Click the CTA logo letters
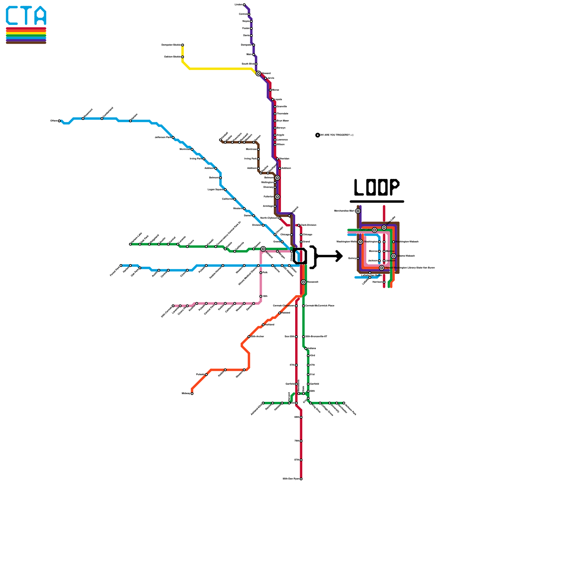pyautogui.click(x=26, y=16)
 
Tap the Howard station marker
pyautogui.click(x=259, y=74)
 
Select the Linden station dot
pyautogui.click(x=244, y=5)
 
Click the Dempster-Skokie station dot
pyautogui.click(x=182, y=45)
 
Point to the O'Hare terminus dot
pyautogui.click(x=59, y=121)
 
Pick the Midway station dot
pyautogui.click(x=192, y=393)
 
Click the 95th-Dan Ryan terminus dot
pyautogui.click(x=301, y=479)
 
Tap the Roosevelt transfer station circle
pyautogui.click(x=303, y=282)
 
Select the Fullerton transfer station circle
pyautogui.click(x=277, y=197)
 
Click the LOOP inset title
pyautogui.click(x=377, y=187)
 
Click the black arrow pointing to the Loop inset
pyautogui.click(x=329, y=256)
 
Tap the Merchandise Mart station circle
pyautogui.click(x=358, y=211)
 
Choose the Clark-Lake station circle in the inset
pyautogui.click(x=374, y=230)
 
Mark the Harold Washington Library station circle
pyautogui.click(x=382, y=268)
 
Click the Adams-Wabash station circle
pyautogui.click(x=393, y=256)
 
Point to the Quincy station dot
pyautogui.click(x=358, y=259)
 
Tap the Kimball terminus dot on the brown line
pyautogui.click(x=220, y=140)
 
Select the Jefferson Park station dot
pyautogui.click(x=173, y=137)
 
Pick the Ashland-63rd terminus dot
pyautogui.click(x=263, y=403)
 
